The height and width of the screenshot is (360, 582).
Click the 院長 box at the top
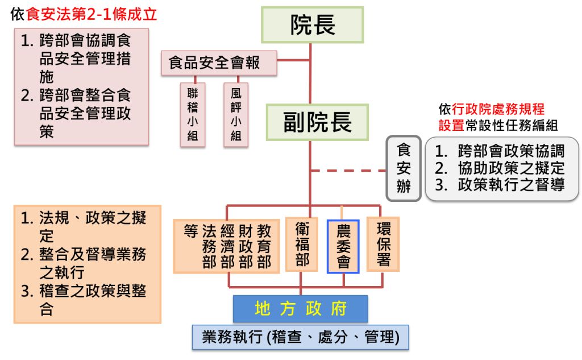click(x=312, y=25)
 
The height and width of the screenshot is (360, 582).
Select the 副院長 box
click(x=318, y=122)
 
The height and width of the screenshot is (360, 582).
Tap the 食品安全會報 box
click(x=219, y=63)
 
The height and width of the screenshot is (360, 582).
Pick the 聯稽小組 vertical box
click(x=193, y=114)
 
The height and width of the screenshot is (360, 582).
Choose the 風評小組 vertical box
click(x=236, y=114)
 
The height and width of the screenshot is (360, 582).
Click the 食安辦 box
click(x=404, y=168)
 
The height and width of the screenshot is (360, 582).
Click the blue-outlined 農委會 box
click(x=343, y=246)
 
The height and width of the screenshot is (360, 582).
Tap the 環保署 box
click(x=383, y=244)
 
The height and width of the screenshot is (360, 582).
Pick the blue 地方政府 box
click(x=301, y=309)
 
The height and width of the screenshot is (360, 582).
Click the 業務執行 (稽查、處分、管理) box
click(x=301, y=337)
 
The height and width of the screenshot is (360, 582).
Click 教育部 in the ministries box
click(x=264, y=246)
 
